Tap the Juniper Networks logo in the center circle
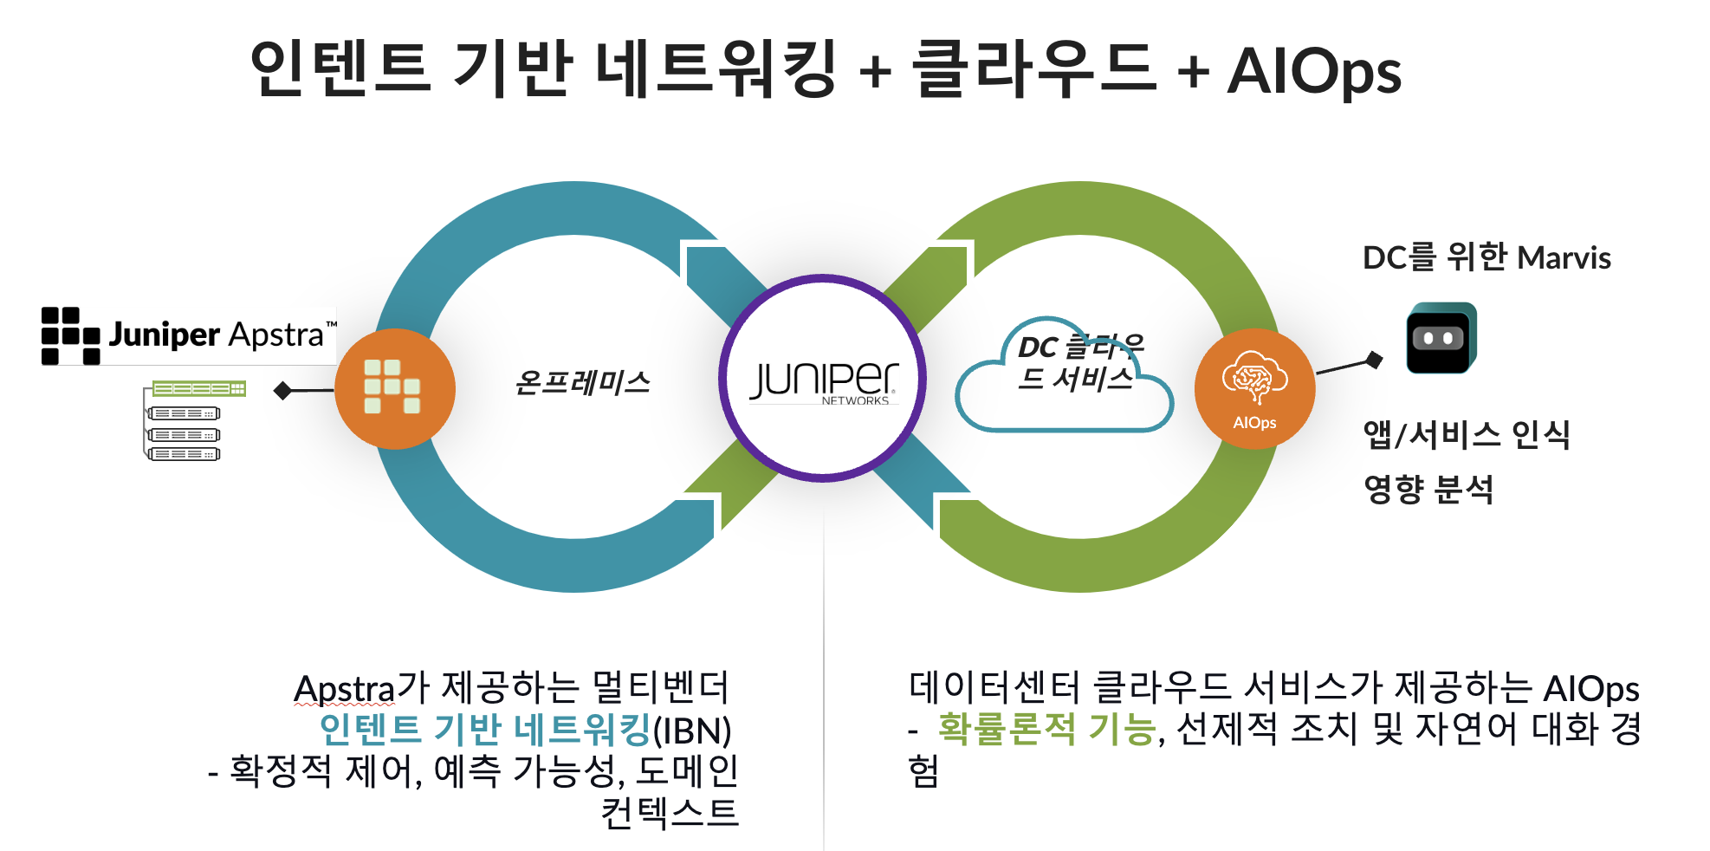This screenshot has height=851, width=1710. [823, 380]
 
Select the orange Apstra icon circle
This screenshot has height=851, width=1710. [394, 389]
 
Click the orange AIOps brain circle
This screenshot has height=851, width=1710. [1254, 389]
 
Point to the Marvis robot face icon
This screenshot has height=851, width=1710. [1440, 338]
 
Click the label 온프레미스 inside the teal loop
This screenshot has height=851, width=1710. [582, 382]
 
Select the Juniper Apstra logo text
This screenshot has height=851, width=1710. [217, 335]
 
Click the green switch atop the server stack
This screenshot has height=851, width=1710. [199, 388]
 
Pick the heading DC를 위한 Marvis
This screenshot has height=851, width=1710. [1487, 257]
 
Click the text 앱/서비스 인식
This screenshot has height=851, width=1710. [1467, 434]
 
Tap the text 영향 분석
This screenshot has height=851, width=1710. [1428, 489]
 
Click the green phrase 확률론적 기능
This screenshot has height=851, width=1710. [1046, 729]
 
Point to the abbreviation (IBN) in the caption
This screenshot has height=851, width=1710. [692, 731]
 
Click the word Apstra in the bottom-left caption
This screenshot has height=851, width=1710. [344, 690]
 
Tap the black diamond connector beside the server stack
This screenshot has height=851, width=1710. [282, 391]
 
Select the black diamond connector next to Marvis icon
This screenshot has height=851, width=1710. [1374, 359]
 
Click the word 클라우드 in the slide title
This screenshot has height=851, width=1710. [1034, 69]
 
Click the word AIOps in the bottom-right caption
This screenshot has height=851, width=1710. [1591, 690]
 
